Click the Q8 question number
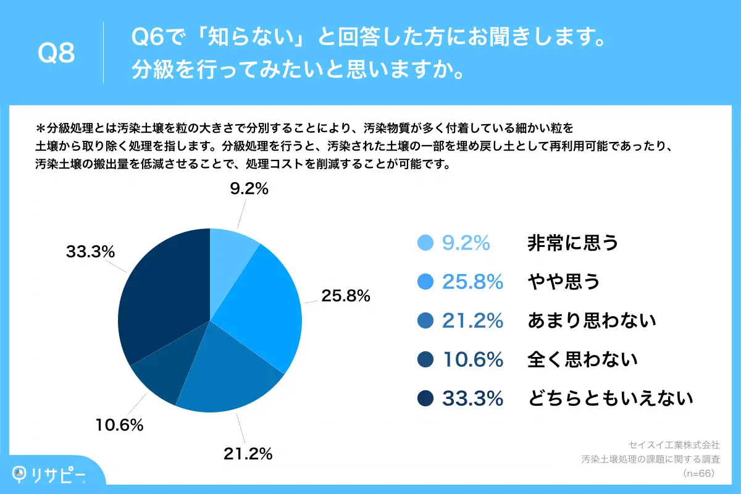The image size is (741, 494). point(56,54)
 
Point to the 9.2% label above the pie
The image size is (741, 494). point(249,190)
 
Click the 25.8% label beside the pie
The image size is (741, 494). point(345,296)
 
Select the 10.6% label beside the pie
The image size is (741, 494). point(119,425)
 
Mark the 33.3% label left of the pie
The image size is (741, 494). point(90,252)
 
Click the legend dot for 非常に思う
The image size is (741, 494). point(425,243)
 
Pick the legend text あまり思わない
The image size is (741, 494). point(591,320)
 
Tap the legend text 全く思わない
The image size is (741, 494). point(582,359)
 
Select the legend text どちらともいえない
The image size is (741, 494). point(610,398)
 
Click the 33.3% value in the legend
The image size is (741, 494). point(472,398)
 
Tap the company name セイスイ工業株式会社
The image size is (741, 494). point(674,445)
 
